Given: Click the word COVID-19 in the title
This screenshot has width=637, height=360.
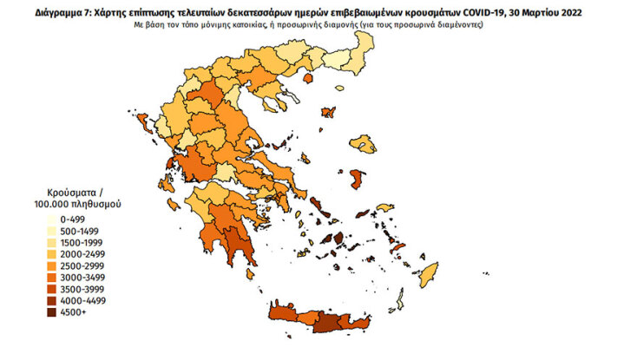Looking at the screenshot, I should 480,13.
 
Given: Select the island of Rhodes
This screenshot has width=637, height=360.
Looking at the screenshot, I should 426,277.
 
